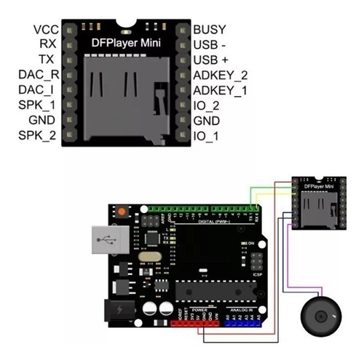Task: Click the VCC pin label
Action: tap(44, 30)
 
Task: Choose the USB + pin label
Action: tap(213, 60)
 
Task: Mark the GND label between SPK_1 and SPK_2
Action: tap(42, 121)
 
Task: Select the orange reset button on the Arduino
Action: tap(121, 212)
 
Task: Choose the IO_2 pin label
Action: tap(207, 105)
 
